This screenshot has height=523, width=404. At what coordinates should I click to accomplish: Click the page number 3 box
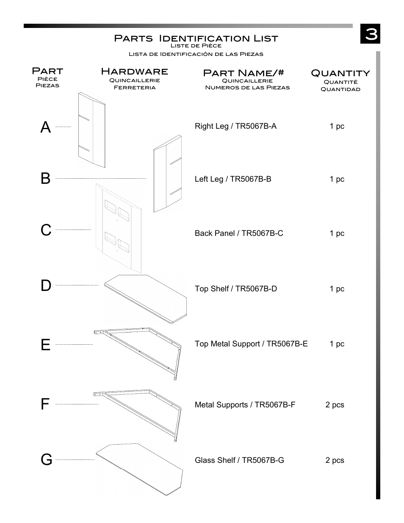370,34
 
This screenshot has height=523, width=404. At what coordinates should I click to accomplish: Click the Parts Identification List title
196,39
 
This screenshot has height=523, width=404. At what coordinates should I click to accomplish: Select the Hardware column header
134,72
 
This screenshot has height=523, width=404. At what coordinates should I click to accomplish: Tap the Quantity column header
340,73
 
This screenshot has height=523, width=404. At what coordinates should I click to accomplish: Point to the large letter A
46,127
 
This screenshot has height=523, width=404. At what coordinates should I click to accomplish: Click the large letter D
46,286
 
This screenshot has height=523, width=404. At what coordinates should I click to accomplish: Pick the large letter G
46,459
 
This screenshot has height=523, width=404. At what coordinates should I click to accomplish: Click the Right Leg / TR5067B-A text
235,126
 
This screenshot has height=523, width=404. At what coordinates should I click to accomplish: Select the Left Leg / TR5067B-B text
233,179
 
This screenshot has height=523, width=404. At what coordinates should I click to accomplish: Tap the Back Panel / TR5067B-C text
239,233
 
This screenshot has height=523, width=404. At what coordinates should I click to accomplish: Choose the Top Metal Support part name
251,344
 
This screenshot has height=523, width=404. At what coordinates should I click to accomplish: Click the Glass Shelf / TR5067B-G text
239,460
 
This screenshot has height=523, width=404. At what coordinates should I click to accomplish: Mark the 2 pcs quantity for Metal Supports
335,405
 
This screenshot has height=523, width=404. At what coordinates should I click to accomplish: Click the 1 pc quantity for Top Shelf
337,289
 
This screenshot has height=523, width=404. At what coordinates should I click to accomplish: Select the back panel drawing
118,229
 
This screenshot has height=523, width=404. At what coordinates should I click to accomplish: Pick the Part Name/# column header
244,73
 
